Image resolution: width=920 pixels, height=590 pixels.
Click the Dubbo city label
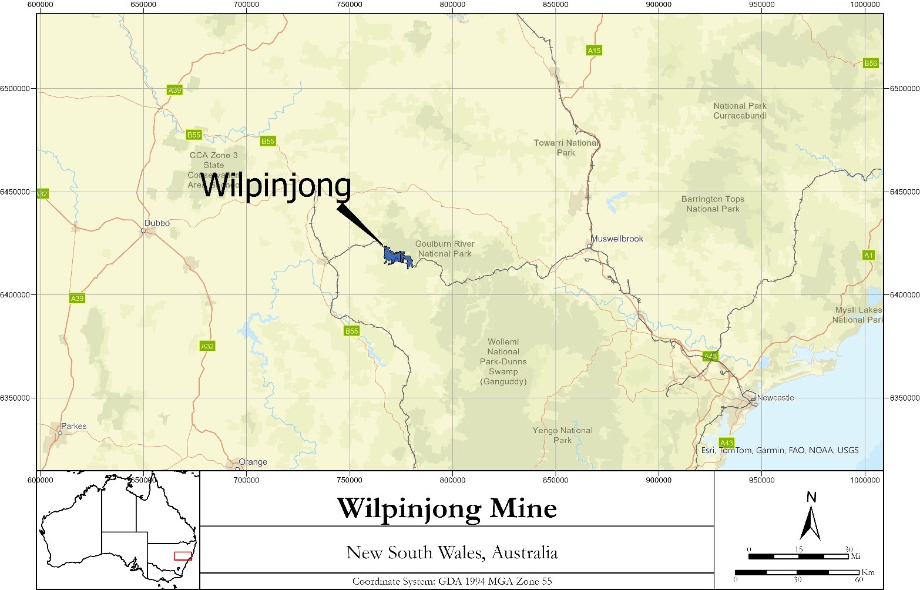pos(157,223)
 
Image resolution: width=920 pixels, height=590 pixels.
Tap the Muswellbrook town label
pos(617,239)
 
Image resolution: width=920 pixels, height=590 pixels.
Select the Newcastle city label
pos(775,398)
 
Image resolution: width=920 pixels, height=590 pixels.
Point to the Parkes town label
pos(73,426)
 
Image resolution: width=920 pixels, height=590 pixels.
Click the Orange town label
pos(253,462)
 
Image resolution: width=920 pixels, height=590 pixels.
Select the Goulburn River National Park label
pos(445,249)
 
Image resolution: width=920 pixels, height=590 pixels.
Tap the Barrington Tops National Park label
pos(713,204)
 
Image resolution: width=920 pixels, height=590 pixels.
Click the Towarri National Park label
pos(566,147)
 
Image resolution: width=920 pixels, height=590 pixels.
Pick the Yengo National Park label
pos(562,435)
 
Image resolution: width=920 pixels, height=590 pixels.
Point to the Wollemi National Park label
pos(503,361)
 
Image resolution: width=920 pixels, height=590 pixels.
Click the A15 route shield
pos(594,51)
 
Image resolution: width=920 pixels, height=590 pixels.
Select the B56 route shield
pos(870,63)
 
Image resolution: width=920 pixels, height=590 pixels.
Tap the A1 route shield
pos(868,255)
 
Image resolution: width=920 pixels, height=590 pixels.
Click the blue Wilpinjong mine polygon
pos(394,257)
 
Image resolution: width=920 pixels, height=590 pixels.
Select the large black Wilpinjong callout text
pos(276,186)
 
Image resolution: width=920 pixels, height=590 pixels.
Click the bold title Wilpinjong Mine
pos(446,508)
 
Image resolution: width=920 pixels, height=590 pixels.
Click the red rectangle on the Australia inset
pos(183,556)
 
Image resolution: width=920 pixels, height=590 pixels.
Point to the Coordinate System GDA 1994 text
pos(452,581)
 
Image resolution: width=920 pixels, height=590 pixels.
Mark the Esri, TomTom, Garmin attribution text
pos(780,450)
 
